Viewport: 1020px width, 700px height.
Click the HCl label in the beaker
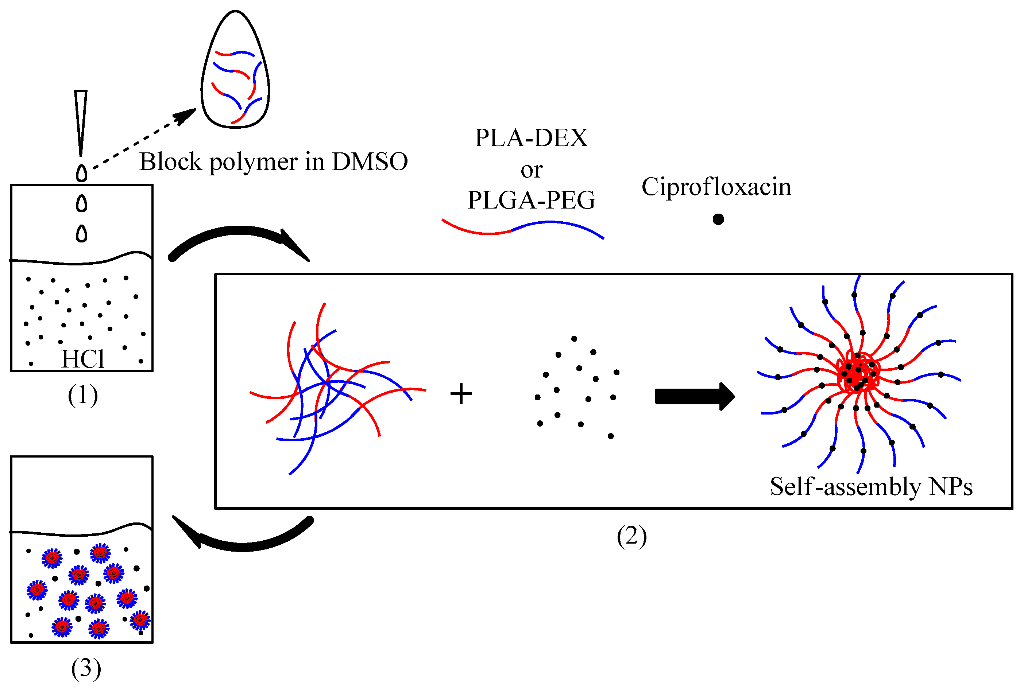click(82, 359)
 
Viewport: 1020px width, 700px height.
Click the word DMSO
click(370, 162)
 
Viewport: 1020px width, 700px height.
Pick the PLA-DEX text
click(531, 138)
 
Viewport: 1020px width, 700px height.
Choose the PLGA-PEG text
click(531, 201)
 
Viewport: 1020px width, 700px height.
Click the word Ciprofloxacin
click(716, 187)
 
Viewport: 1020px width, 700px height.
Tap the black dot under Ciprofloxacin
click(718, 219)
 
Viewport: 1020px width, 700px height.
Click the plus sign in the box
click(461, 393)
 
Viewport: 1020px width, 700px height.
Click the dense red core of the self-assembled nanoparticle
click(858, 373)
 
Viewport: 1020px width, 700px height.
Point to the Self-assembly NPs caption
click(871, 487)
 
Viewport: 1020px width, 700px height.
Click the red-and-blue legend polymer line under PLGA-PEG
click(522, 228)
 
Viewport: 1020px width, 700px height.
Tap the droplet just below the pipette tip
click(82, 173)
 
